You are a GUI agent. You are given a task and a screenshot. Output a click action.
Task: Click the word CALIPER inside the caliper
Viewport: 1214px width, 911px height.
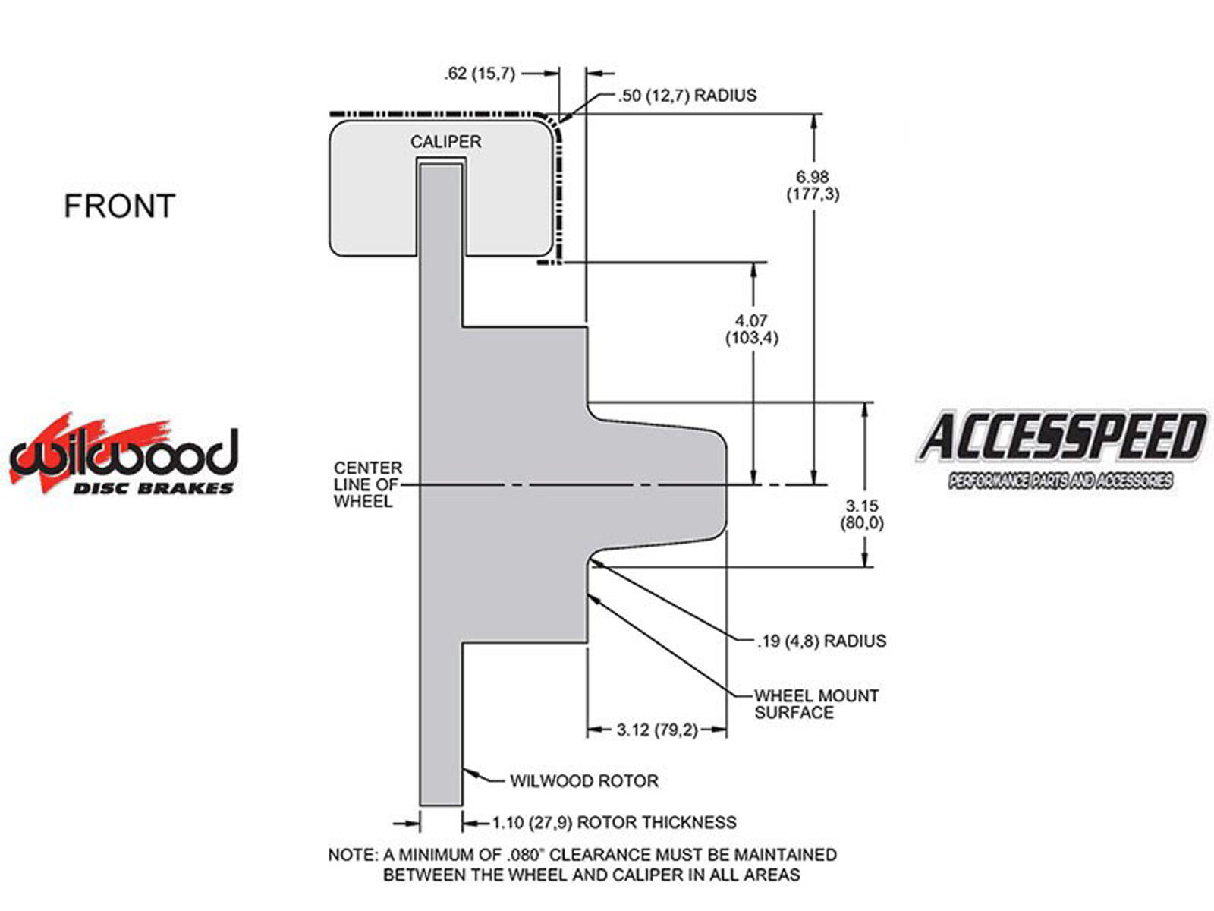tap(445, 142)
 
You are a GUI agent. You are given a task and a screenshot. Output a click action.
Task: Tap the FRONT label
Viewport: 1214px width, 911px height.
tap(119, 206)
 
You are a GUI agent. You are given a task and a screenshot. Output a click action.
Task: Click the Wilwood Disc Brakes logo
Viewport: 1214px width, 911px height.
tap(124, 454)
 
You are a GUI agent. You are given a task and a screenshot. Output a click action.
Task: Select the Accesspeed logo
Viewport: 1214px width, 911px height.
tap(1061, 449)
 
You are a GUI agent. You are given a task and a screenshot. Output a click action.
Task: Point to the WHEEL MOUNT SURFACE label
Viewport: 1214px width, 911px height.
tap(816, 704)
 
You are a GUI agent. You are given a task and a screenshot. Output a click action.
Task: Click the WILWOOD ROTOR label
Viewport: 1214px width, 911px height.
tap(583, 781)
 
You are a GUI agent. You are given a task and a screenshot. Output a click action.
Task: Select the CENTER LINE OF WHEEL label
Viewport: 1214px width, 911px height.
tap(367, 484)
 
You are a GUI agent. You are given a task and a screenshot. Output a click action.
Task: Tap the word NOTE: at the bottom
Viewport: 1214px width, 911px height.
tap(353, 856)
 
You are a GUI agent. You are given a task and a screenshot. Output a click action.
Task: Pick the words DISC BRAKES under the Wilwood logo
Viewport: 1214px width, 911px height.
tap(153, 488)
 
